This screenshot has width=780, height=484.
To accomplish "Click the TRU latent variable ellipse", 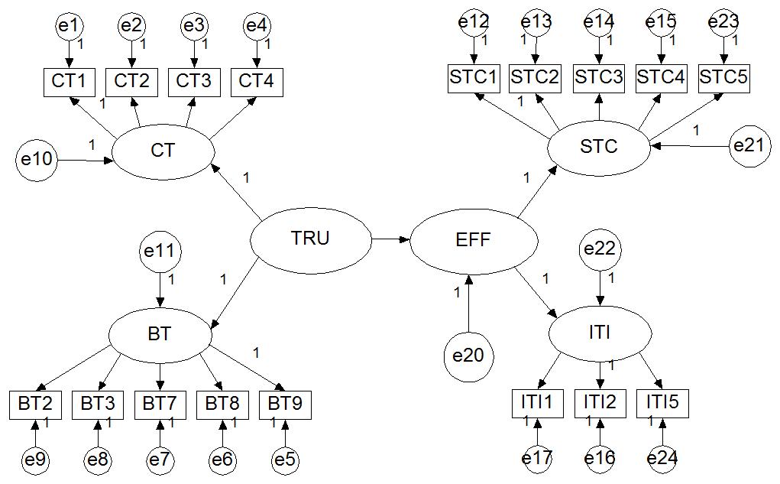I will [x=310, y=239].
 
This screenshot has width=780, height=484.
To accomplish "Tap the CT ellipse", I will [x=163, y=151].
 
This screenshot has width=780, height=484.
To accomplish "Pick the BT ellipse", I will [x=160, y=334].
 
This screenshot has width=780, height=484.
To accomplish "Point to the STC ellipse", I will [x=599, y=146].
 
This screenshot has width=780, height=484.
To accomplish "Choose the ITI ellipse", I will [x=600, y=333].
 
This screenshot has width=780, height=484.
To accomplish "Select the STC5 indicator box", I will [x=724, y=77].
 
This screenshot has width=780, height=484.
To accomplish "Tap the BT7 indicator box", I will [x=160, y=403].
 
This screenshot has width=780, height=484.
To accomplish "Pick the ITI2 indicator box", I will [x=600, y=402].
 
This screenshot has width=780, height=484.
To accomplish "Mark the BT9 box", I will [x=285, y=403].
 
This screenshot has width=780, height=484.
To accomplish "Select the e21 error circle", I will [x=752, y=145].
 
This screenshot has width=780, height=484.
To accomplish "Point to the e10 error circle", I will [x=36, y=160].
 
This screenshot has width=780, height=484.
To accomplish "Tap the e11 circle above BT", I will [x=160, y=250].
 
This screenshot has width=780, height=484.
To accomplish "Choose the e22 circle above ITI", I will [x=600, y=249].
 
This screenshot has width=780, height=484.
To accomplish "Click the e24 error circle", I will [x=662, y=458].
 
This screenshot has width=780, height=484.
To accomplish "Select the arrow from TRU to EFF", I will [x=390, y=239].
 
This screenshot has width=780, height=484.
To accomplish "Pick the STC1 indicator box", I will [x=474, y=77].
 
